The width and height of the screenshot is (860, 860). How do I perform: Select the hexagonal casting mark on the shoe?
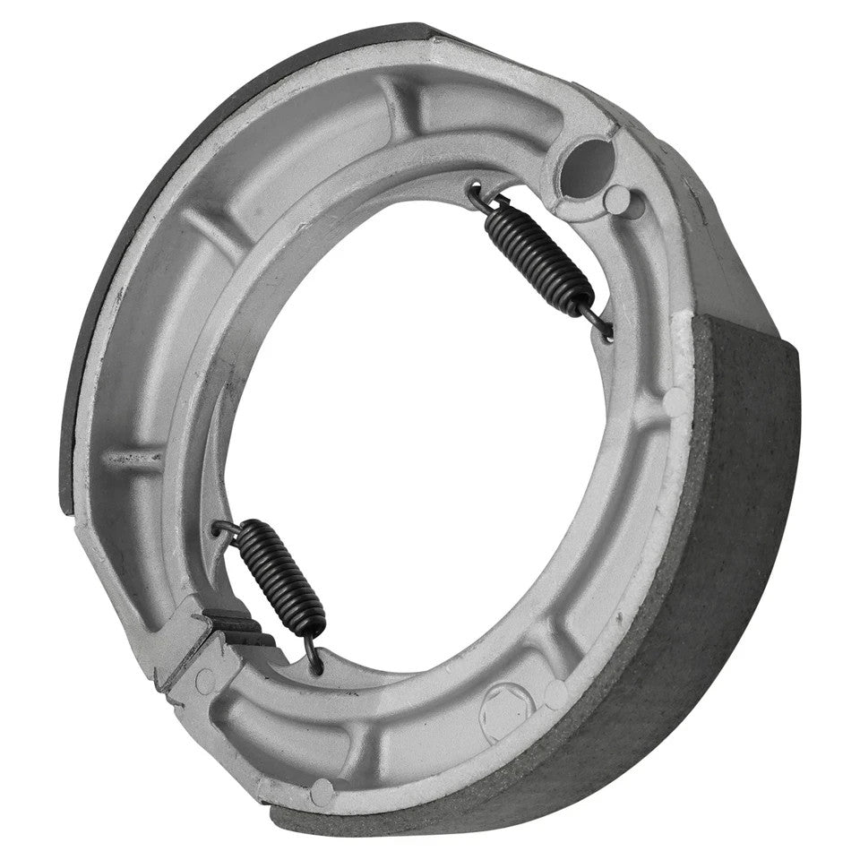507,713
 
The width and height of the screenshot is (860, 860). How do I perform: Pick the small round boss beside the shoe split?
204,681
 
